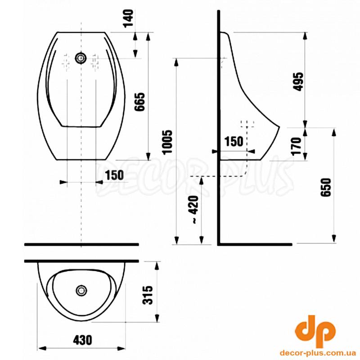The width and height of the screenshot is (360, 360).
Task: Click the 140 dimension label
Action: [128, 18]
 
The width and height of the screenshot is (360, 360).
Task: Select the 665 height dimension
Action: [139, 102]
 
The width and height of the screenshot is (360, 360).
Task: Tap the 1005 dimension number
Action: [167, 142]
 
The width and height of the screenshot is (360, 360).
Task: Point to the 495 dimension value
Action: [299, 82]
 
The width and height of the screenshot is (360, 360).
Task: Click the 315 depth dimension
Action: [148, 295]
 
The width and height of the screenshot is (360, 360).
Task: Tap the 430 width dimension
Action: [82, 340]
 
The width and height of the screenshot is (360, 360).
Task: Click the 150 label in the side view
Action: [234, 141]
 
